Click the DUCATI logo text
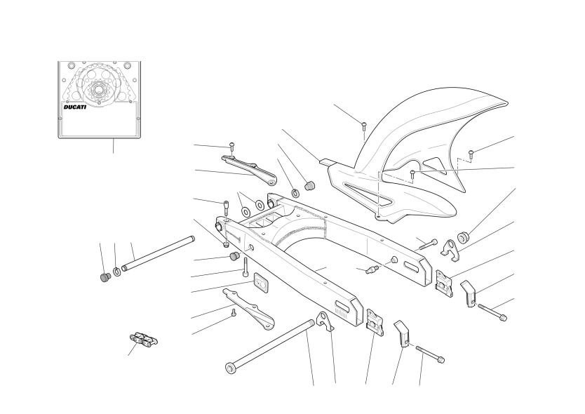tap(74, 107)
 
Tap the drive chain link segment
tap(144, 339)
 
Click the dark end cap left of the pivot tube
tap(106, 278)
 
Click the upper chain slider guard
tap(249, 171)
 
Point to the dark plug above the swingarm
tap(309, 185)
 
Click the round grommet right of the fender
tap(464, 236)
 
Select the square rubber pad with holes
tap(262, 281)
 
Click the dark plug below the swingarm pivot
tap(234, 256)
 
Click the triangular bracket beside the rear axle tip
tap(324, 321)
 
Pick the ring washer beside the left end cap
tap(116, 272)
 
